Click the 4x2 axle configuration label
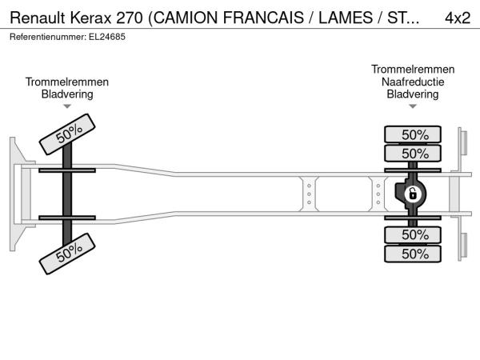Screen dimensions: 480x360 (458, 18)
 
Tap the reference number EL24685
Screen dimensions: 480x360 (107, 37)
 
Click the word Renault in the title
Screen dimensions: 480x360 (38, 18)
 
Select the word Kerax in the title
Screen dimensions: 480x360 (90, 18)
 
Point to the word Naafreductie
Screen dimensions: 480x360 (413, 82)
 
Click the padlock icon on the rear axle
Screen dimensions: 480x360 (412, 194)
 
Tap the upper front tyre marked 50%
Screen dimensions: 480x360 (67, 134)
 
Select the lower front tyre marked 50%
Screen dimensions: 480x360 (67, 254)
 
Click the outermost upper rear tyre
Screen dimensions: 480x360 (413, 134)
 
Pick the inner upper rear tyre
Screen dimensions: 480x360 (413, 153)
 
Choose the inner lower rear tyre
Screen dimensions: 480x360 (413, 234)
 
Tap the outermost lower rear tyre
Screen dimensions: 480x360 (413, 254)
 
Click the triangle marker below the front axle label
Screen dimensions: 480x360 (67, 106)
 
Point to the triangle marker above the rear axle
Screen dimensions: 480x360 (413, 106)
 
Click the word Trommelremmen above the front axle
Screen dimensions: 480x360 (67, 82)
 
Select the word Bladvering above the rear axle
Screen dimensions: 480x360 (413, 94)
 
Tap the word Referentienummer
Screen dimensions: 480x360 (48, 37)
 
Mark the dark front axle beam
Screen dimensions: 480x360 (67, 194)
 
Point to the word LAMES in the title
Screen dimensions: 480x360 (346, 18)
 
